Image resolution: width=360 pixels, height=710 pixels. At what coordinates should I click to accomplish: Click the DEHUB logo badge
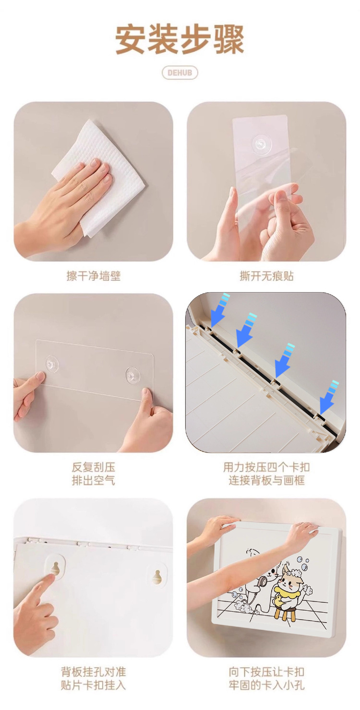pos(180,72)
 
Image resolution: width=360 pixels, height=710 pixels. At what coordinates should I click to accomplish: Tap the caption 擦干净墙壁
pos(94,276)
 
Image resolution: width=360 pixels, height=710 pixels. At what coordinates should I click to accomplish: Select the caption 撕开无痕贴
pos(266,276)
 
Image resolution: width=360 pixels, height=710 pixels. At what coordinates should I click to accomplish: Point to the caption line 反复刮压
pos(94,467)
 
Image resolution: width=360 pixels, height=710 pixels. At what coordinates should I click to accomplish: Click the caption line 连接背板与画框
pos(266,481)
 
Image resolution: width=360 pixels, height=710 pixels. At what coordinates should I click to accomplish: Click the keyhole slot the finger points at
pos(56,568)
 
